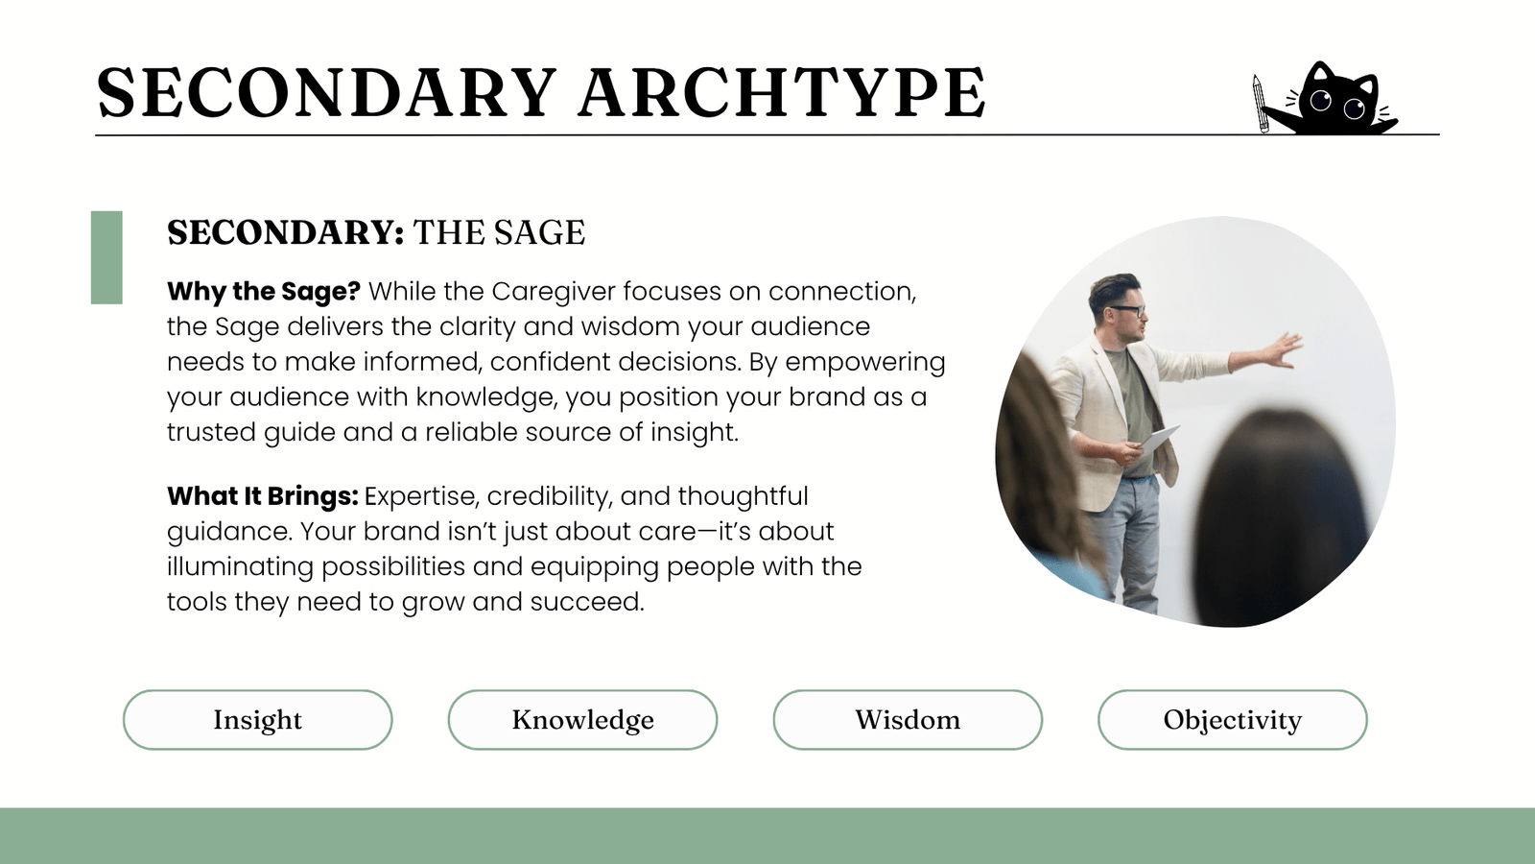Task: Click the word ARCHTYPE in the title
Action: [x=782, y=93]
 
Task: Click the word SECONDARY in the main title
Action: [x=326, y=93]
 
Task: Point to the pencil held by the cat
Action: [x=1261, y=104]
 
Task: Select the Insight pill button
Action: [x=258, y=720]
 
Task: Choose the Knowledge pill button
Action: [x=582, y=720]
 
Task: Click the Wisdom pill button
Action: [x=908, y=720]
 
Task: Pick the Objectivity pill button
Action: [x=1232, y=720]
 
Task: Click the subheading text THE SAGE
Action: [x=500, y=232]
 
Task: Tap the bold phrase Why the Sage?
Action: [x=264, y=292]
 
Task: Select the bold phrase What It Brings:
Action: [x=263, y=495]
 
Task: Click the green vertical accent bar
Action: [x=106, y=257]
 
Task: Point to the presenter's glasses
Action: [x=1126, y=311]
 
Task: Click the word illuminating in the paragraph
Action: [x=240, y=567]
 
